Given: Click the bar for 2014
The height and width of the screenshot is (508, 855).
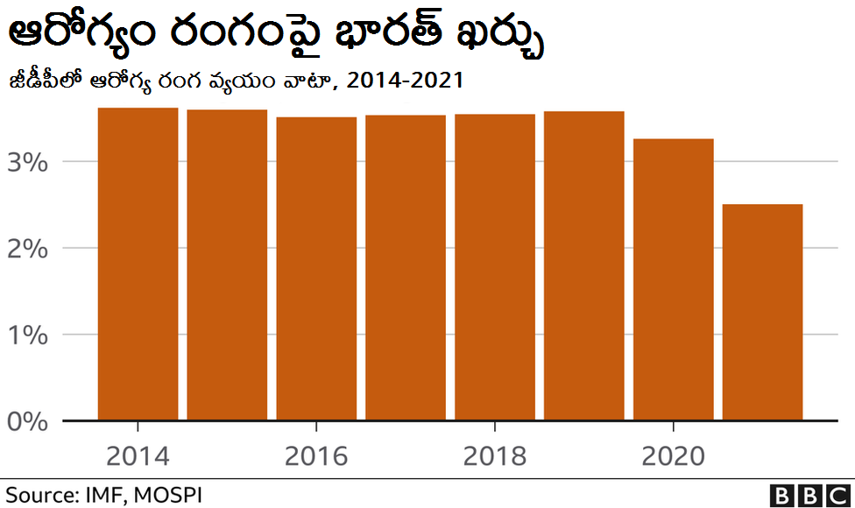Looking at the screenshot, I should (x=138, y=264).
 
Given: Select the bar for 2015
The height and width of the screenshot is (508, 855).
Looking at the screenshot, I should (x=227, y=265).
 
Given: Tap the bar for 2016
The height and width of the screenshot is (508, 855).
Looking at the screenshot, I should (x=316, y=268).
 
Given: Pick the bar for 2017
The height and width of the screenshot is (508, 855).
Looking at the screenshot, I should (x=406, y=267).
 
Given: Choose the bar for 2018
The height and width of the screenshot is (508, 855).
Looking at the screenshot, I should (x=495, y=267).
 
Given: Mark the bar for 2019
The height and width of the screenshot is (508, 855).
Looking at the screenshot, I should (x=584, y=265).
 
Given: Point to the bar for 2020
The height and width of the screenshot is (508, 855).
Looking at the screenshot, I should (x=674, y=279).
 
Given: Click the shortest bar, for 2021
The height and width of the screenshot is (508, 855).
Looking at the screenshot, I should (x=763, y=312).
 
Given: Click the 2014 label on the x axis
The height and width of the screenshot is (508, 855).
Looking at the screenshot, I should (x=138, y=456).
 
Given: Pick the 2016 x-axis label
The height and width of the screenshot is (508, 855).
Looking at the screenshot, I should (x=316, y=456).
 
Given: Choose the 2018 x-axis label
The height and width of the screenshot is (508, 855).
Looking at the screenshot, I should (x=495, y=456).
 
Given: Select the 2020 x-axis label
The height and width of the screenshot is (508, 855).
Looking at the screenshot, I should (x=674, y=456).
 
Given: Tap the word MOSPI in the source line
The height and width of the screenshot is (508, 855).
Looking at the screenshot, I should (x=170, y=495).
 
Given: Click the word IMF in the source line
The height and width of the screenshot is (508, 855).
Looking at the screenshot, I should (x=107, y=495).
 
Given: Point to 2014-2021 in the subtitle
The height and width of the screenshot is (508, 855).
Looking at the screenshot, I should (x=405, y=81).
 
